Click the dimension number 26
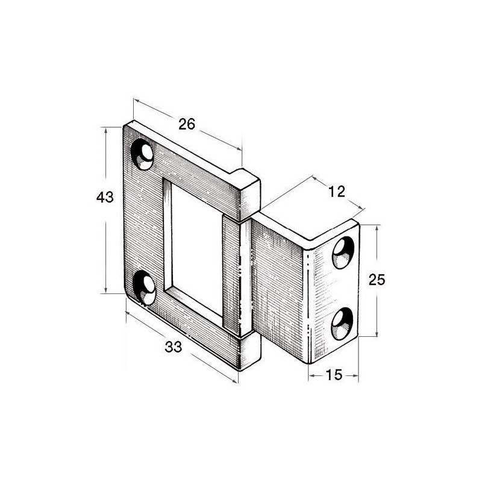coord(187,124)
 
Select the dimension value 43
coord(105,197)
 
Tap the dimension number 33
coord(174,347)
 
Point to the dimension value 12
coord(337,192)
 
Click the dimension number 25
coord(377,280)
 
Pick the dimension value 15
coord(334,375)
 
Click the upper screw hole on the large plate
coord(142,154)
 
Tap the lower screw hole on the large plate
coord(144,287)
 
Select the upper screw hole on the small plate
coord(343,252)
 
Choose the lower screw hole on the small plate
coord(342,324)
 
